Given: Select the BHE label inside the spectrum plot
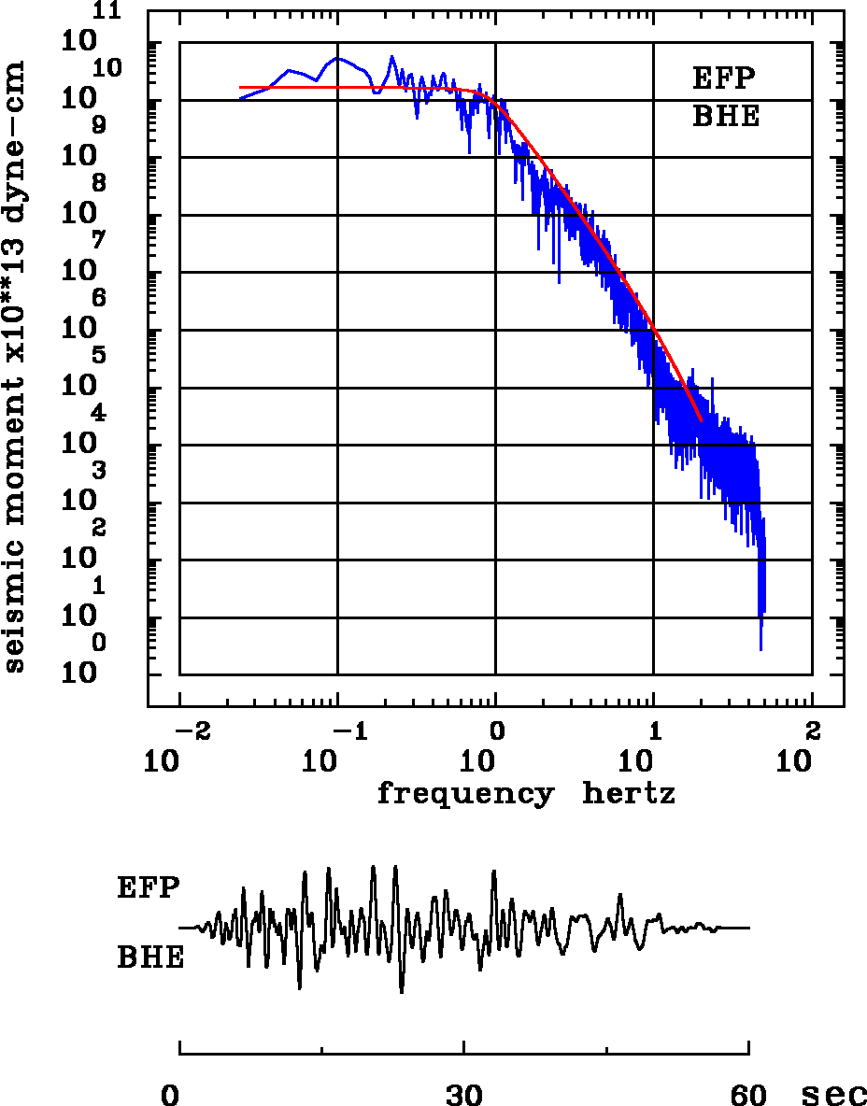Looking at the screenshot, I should (x=725, y=117).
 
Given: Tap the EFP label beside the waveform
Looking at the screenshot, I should (x=148, y=886).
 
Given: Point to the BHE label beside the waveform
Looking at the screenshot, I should (x=149, y=957).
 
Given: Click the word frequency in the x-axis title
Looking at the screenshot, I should (x=464, y=795).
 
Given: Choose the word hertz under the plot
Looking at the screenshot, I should (x=629, y=794).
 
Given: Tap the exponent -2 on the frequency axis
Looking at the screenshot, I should (x=191, y=729).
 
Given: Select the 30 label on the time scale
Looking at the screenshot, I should (x=464, y=1095).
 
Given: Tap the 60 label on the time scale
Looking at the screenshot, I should (x=748, y=1095).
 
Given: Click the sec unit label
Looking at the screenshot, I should (x=834, y=1095).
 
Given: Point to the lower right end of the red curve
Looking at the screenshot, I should (x=701, y=420).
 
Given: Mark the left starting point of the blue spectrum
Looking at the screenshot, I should (x=240, y=98).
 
